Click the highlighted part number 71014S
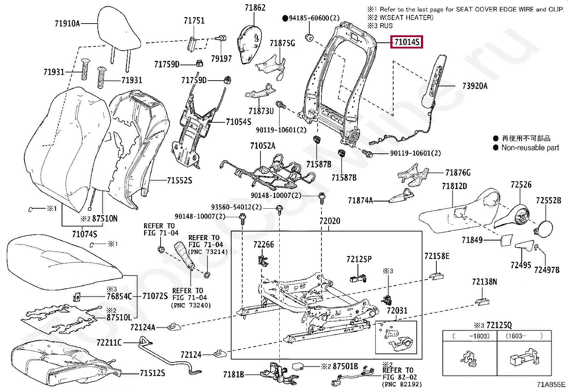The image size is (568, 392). (x=406, y=42)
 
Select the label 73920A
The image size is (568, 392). (x=475, y=86)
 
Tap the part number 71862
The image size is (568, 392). (x=255, y=7)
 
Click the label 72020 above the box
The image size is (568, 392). (x=330, y=221)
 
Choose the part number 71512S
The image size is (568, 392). (x=152, y=373)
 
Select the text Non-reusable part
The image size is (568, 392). (x=530, y=148)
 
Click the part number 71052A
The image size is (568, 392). (x=263, y=146)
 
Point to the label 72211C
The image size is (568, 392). (x=109, y=343)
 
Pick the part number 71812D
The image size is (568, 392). (x=454, y=186)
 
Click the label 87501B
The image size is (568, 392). (x=345, y=366)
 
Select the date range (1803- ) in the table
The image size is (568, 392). (x=523, y=336)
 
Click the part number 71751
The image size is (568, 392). (x=194, y=20)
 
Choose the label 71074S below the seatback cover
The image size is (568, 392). (x=85, y=234)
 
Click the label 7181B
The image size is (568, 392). (x=233, y=375)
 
